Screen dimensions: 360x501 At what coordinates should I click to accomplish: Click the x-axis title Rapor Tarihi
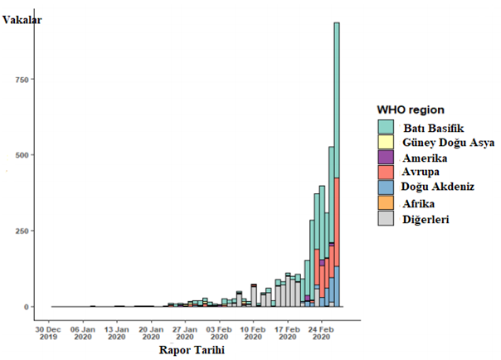192,350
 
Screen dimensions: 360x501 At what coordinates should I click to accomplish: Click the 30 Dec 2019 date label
49,332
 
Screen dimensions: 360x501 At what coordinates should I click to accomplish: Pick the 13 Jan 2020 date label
117,332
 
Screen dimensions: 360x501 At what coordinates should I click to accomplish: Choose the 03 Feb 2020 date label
219,332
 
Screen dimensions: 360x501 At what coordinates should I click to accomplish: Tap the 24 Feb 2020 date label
322,332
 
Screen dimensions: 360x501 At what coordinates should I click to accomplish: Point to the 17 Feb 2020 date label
288,332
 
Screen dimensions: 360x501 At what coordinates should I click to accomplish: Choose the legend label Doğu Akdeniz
439,187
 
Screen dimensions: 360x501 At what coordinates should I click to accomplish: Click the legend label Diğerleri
426,219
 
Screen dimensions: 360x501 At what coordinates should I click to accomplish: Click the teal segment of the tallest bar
337,100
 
